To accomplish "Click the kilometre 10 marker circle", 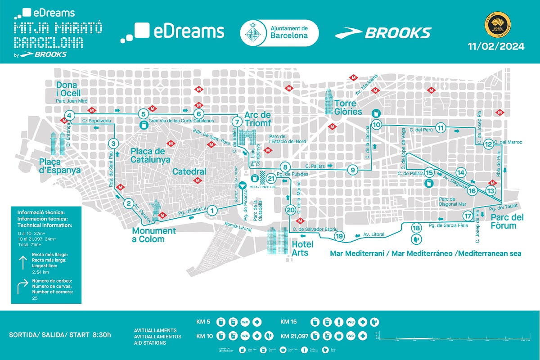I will coord(377,125).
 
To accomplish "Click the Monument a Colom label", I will coord(154,235).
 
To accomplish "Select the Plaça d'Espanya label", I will coord(59,166).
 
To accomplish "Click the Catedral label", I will coord(189,171).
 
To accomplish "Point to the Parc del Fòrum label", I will coord(504,221).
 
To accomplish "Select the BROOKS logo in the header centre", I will coord(383,33).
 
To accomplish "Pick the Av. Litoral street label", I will coord(374,234).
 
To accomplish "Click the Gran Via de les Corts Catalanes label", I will coord(181,121).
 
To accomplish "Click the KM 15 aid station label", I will coord(290,322).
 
